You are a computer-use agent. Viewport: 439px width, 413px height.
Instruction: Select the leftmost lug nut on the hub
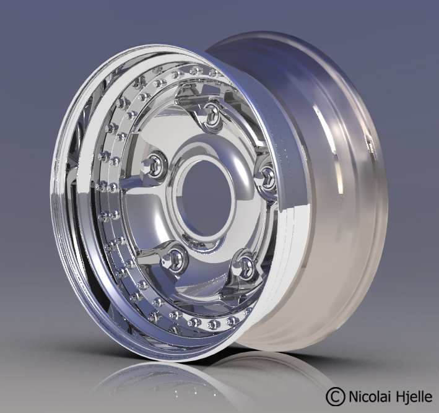(154, 165)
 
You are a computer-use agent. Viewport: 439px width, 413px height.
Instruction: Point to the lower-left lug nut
(176, 256)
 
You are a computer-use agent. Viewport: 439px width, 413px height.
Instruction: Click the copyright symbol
(335, 394)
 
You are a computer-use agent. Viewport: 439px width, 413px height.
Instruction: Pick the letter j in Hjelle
(407, 396)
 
